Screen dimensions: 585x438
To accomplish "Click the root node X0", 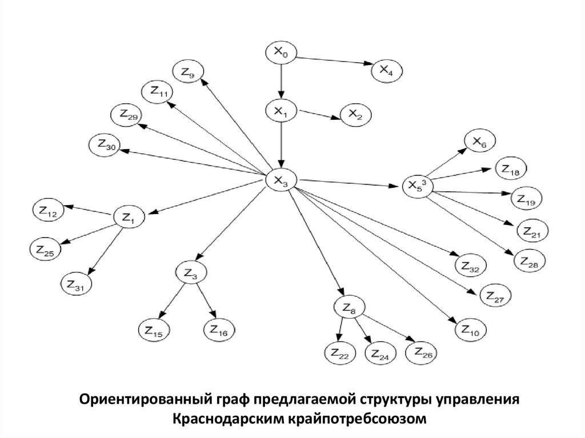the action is click(x=280, y=53).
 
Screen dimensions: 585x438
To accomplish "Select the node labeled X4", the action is click(x=387, y=70).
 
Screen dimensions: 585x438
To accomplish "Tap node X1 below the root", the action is click(x=280, y=111).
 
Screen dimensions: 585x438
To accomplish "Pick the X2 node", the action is click(x=355, y=115).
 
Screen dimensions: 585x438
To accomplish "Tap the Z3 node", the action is click(x=190, y=274).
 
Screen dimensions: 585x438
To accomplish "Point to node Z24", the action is click(x=379, y=354).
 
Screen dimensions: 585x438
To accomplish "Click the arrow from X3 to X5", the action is click(x=348, y=183).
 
